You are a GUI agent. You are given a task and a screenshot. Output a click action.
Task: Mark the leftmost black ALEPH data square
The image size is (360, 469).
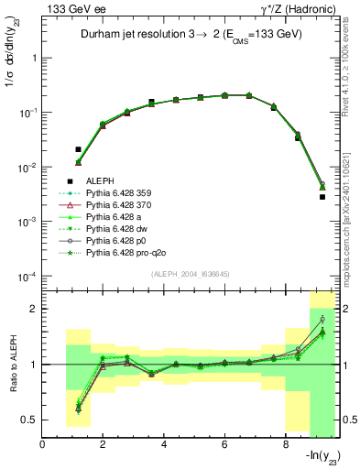pyautogui.click(x=78, y=148)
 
